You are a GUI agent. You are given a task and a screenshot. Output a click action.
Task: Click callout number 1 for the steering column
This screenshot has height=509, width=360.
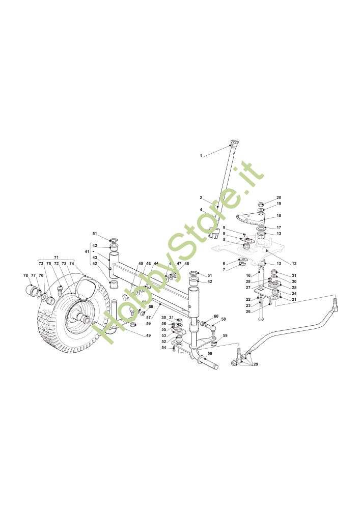click(x=201, y=155)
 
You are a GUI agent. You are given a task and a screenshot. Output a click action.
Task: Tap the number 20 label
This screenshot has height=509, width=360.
click(x=279, y=197)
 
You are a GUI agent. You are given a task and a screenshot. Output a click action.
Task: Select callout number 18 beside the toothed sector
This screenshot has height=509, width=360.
click(x=279, y=216)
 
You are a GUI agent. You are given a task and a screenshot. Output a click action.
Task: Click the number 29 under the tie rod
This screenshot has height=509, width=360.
click(x=255, y=364)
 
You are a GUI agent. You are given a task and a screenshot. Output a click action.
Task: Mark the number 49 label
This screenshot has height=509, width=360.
click(x=148, y=336)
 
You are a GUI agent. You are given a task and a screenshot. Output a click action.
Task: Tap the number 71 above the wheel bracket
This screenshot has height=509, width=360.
click(x=57, y=258)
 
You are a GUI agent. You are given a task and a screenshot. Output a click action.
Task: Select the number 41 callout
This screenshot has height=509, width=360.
click(x=87, y=251)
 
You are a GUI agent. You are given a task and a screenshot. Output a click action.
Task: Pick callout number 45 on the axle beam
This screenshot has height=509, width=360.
click(x=141, y=264)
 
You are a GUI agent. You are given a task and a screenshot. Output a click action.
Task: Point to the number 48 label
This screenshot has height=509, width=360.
click(x=187, y=264)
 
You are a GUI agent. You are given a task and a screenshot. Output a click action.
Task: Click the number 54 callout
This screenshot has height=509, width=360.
click(x=163, y=348)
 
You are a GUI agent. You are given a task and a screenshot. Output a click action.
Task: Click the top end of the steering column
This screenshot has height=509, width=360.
click(x=234, y=143)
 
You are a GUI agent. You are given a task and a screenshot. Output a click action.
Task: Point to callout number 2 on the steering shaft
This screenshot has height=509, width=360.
click(x=201, y=197)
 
